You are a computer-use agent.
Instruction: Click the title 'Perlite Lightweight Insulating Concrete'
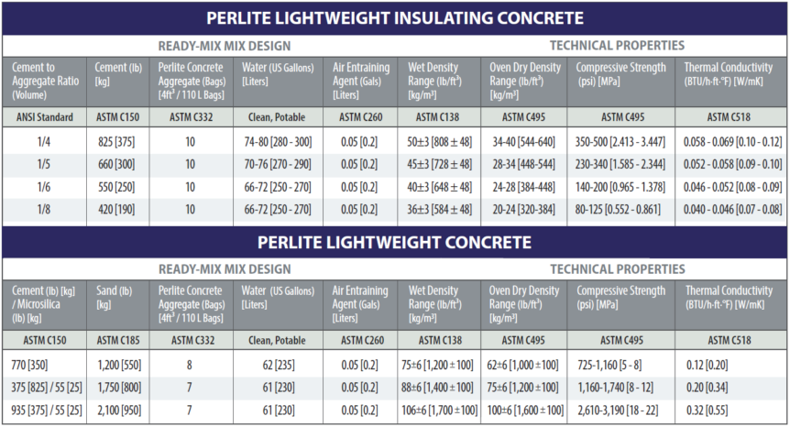[394, 18]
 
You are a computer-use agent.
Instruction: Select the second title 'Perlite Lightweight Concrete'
[394, 242]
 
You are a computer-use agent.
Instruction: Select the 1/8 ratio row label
[45, 209]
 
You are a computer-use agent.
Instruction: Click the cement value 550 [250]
[116, 187]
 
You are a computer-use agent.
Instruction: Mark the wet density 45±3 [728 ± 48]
[440, 166]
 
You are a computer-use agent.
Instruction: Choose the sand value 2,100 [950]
[116, 410]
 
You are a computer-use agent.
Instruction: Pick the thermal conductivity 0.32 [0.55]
[733, 410]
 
